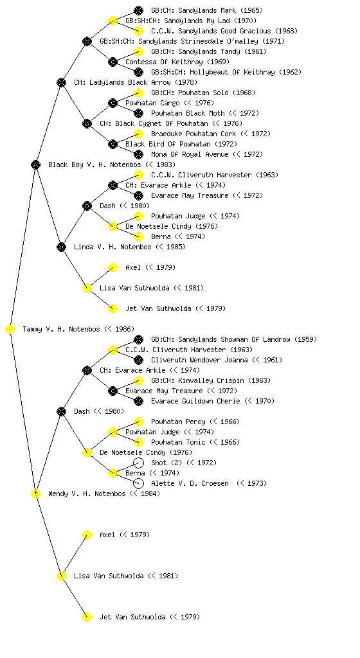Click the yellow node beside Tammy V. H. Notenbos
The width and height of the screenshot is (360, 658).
click(x=10, y=330)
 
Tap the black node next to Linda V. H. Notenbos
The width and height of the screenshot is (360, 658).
click(x=61, y=247)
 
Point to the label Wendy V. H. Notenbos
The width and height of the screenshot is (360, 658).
click(x=87, y=494)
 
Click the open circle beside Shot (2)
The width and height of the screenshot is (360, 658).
click(x=138, y=463)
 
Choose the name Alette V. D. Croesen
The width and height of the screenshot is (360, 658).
click(x=190, y=483)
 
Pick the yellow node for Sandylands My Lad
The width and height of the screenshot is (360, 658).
click(x=113, y=21)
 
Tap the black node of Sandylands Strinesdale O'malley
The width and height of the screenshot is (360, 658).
click(x=87, y=41)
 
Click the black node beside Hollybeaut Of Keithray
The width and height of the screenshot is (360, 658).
click(x=138, y=72)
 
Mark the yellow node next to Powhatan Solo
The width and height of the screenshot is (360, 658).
click(x=138, y=93)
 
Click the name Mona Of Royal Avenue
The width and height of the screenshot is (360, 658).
click(x=190, y=154)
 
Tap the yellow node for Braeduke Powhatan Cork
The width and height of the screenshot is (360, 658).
click(x=138, y=134)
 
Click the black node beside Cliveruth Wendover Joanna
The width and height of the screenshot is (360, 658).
click(x=138, y=360)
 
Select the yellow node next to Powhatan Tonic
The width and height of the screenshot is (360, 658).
click(x=138, y=442)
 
